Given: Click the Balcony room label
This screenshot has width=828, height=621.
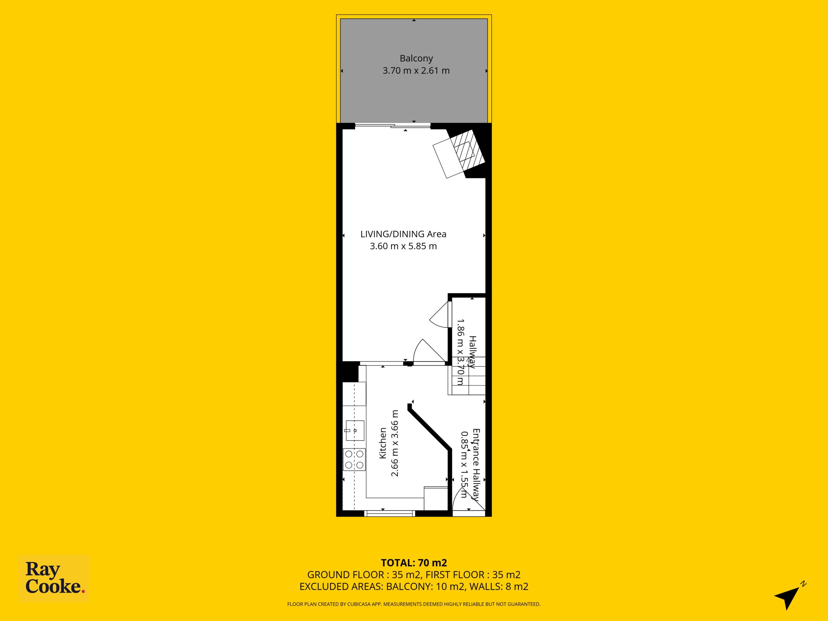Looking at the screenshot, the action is [x=416, y=59].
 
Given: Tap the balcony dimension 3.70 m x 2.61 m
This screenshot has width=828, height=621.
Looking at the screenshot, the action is [x=416, y=71].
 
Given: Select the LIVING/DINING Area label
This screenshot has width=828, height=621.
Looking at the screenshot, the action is [x=403, y=234].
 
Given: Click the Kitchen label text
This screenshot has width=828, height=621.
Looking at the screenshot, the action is [x=383, y=443].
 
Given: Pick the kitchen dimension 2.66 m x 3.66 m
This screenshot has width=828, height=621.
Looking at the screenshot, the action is [x=395, y=443].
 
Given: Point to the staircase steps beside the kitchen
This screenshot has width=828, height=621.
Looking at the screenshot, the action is [x=467, y=376].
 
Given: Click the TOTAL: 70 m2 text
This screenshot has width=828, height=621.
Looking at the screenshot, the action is [x=414, y=562].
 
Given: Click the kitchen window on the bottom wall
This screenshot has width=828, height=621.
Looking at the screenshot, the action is [x=390, y=514].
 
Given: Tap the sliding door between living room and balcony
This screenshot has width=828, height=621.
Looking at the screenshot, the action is [x=393, y=126].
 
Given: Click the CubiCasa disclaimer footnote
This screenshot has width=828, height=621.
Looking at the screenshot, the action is [x=414, y=604].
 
